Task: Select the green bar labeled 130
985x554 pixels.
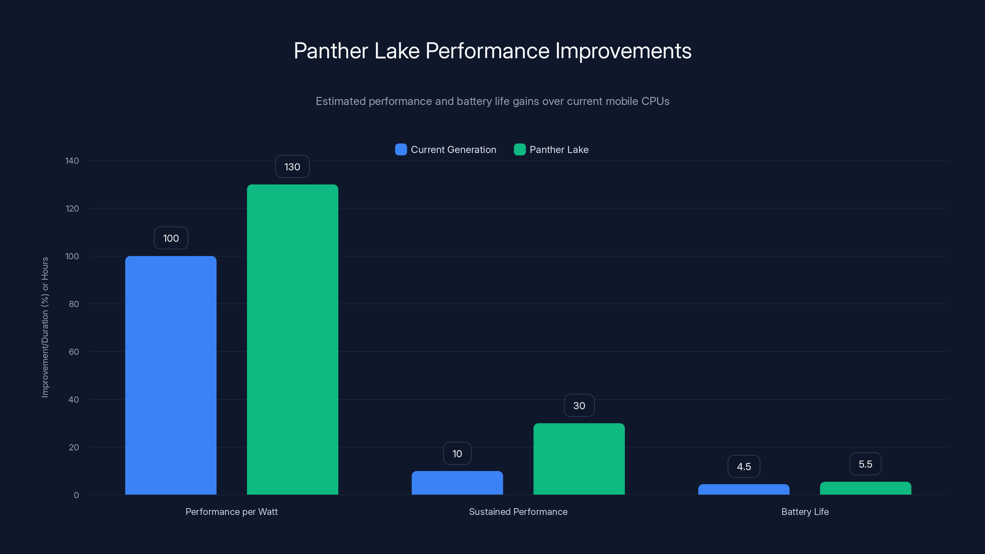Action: [292, 339]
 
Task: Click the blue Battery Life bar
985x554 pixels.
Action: [743, 489]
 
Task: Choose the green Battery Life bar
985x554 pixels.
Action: [865, 488]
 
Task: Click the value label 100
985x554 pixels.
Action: [171, 238]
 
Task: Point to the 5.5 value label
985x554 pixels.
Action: [865, 464]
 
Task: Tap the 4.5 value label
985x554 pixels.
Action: [743, 467]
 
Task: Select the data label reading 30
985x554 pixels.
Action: [579, 406]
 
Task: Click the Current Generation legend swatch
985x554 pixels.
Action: [400, 150]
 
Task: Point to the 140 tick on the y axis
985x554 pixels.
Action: [72, 161]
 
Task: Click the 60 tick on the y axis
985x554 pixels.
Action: [74, 352]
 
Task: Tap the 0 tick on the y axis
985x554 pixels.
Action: [76, 495]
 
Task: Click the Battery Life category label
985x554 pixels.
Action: [805, 512]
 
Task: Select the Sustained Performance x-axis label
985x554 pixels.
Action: [518, 512]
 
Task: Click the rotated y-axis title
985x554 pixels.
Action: [45, 327]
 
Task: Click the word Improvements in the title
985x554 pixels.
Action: [623, 51]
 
